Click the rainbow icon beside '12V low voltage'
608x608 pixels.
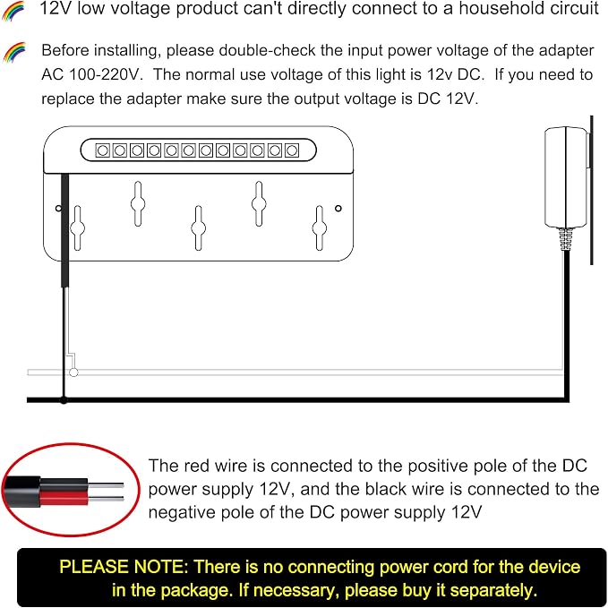(x=13, y=11)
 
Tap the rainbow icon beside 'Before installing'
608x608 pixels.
(x=14, y=52)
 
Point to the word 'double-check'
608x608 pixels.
(x=241, y=51)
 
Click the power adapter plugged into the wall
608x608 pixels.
(x=566, y=177)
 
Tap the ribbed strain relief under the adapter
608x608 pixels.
(x=566, y=239)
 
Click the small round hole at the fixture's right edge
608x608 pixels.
(x=338, y=209)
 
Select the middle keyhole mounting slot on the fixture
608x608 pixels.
(x=199, y=228)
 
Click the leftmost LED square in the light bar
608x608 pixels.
(x=102, y=150)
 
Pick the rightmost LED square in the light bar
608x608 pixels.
(x=292, y=150)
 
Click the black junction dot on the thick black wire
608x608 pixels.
(x=64, y=399)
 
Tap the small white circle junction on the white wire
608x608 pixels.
(x=73, y=373)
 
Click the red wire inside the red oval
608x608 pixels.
(x=64, y=498)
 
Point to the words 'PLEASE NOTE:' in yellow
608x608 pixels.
(x=124, y=567)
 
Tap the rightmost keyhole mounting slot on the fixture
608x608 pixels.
(x=320, y=228)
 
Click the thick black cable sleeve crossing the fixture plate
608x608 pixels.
(x=64, y=231)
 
